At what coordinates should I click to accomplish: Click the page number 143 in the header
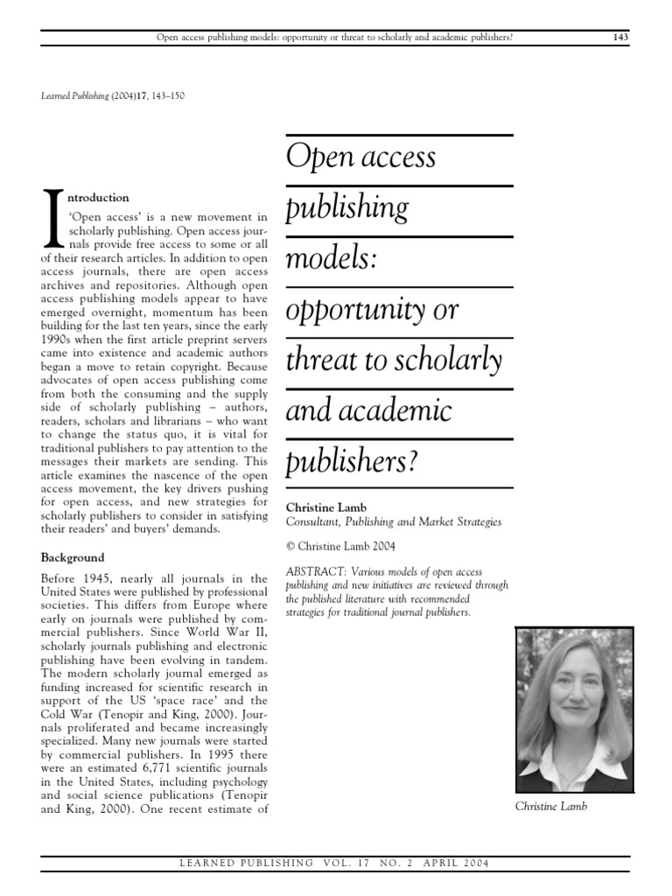click(619, 38)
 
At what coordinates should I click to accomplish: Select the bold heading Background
click(73, 557)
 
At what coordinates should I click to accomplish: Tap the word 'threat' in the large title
click(324, 360)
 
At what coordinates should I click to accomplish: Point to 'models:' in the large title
click(332, 260)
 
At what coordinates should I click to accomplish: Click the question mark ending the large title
click(402, 461)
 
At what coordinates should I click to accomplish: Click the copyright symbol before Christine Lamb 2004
click(291, 546)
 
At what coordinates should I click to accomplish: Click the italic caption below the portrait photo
click(550, 806)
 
